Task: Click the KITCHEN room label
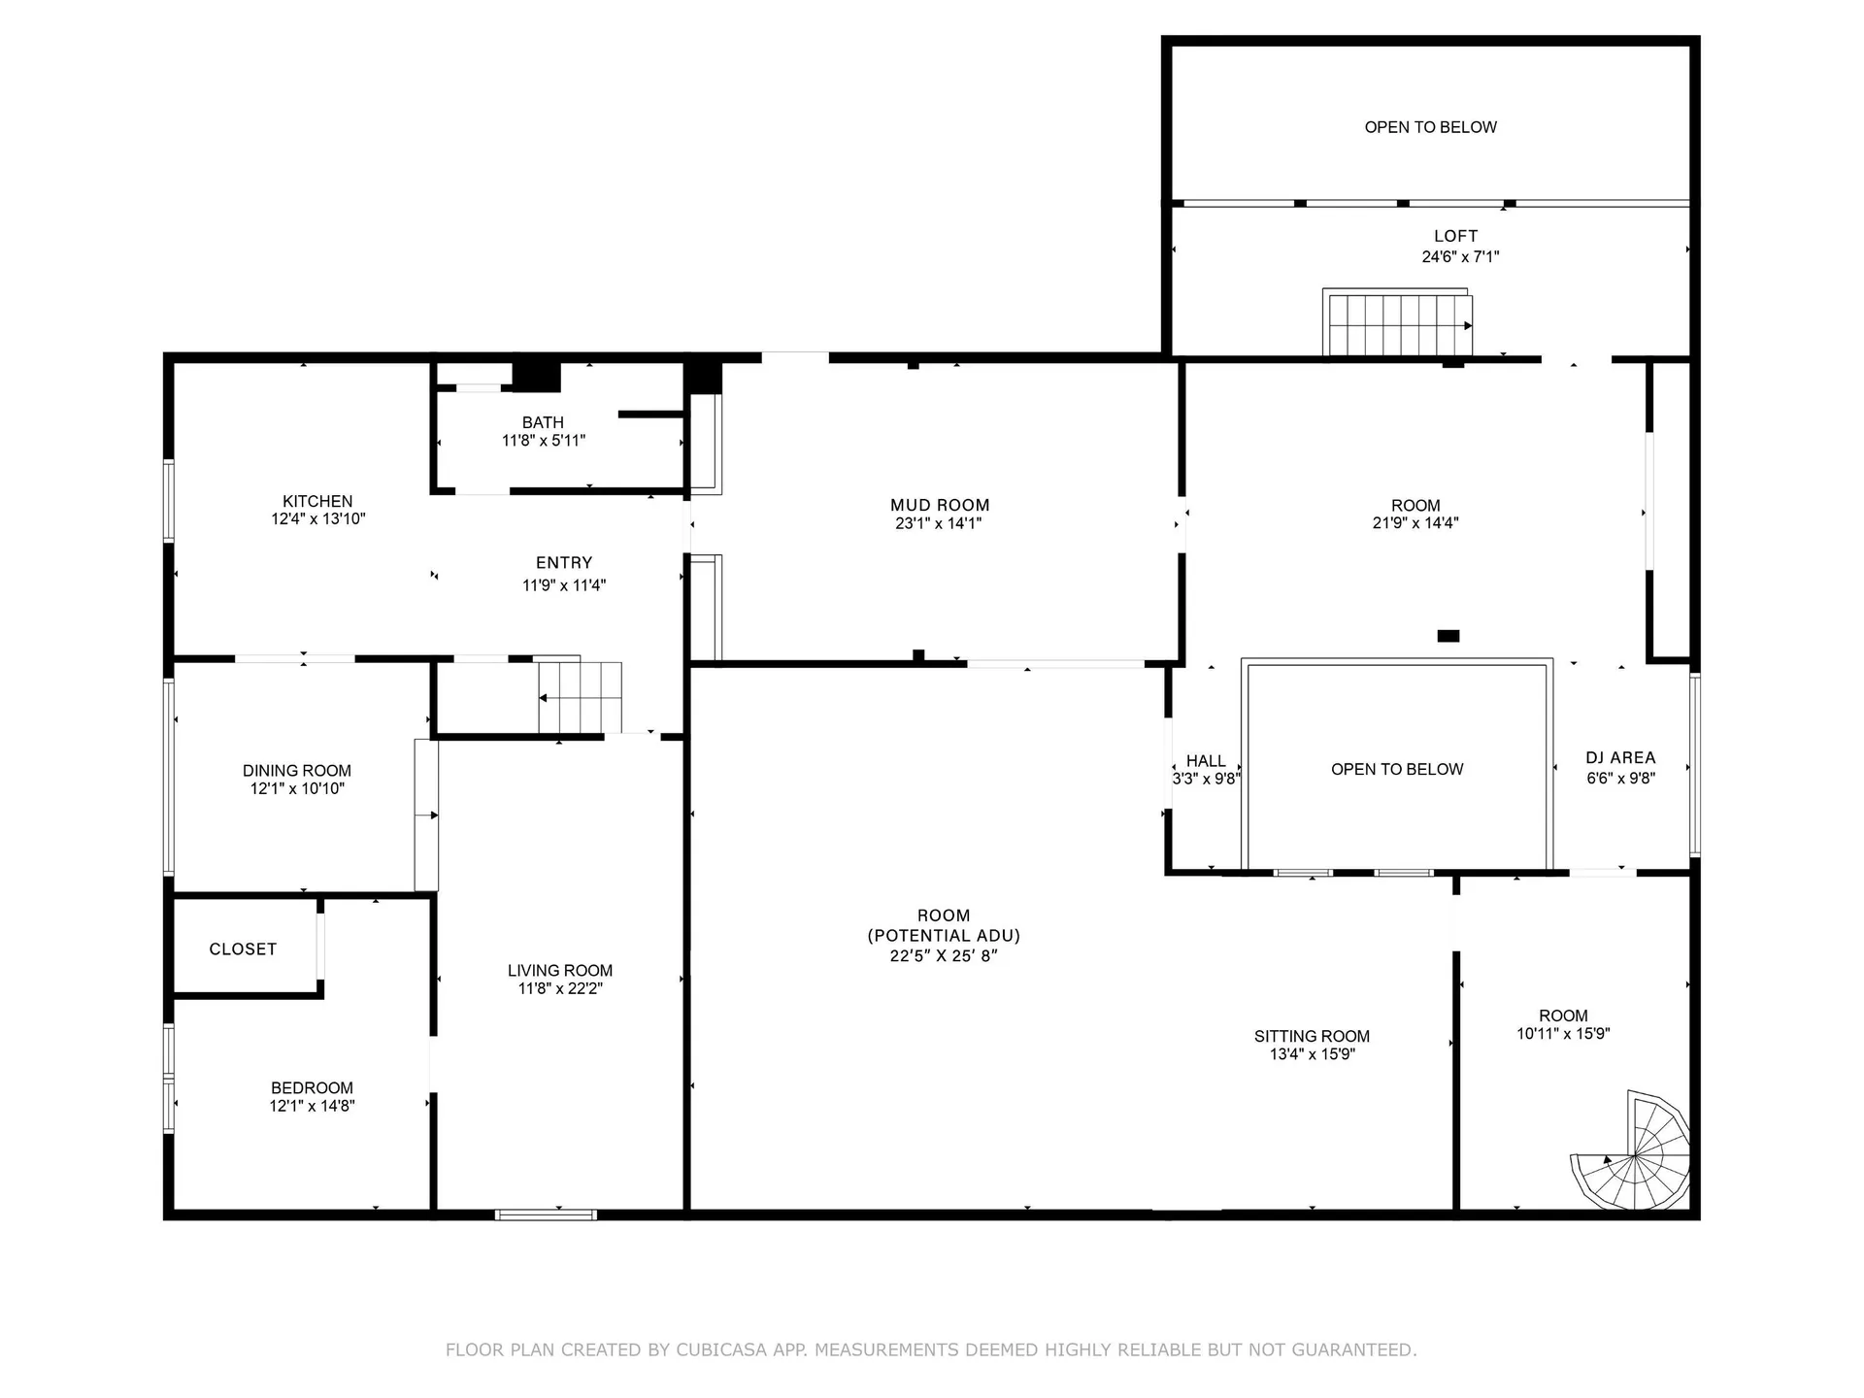coord(317,501)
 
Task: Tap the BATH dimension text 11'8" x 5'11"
coord(543,441)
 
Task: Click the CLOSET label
coord(243,949)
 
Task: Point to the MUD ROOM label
coord(940,505)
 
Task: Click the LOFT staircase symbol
coord(1398,322)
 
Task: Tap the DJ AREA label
coord(1620,757)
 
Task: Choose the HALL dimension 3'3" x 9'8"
coord(1206,779)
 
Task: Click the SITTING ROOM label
coord(1312,1036)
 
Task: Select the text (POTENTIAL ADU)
coord(944,935)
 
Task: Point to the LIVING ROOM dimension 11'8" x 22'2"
coord(560,988)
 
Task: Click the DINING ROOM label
coord(297,770)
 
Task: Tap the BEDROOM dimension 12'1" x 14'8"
coord(312,1106)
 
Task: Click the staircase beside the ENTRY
coord(580,695)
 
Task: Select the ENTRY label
coord(564,562)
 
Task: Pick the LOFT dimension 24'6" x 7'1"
coord(1460,257)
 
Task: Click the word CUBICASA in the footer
coord(721,1349)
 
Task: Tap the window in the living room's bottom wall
coord(546,1215)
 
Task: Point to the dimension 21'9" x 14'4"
coord(1415,522)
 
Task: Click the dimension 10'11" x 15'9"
coord(1563,1034)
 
